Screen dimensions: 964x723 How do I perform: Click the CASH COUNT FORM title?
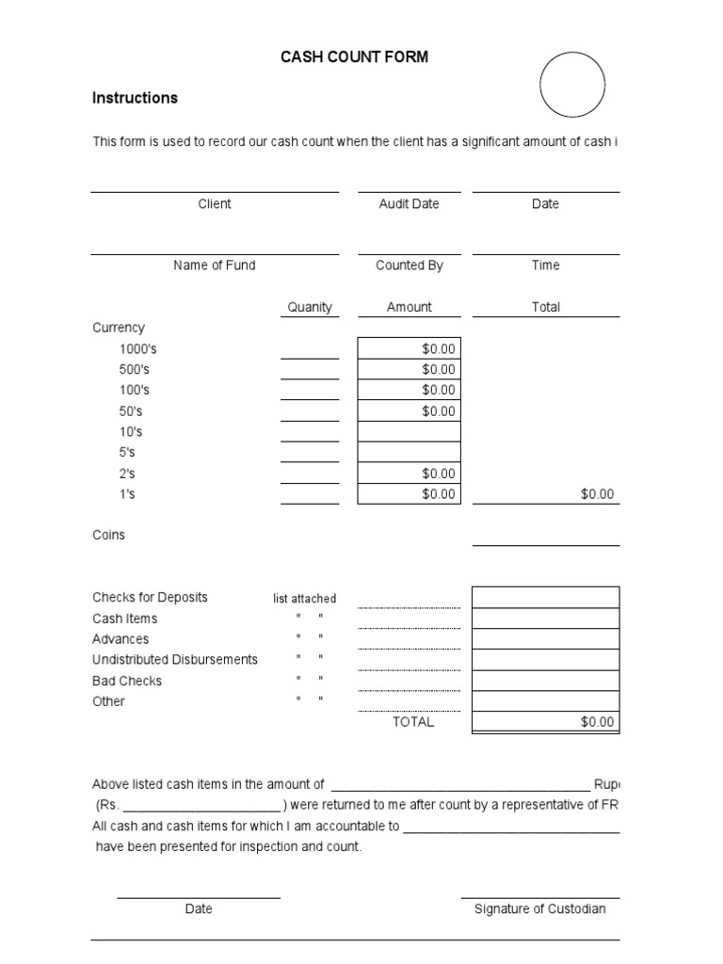354,57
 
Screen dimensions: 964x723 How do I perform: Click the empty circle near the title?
572,85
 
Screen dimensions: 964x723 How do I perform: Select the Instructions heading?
135,98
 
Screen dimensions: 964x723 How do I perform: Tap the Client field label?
215,204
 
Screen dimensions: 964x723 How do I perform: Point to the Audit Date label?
409,204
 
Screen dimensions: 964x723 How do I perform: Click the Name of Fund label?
215,265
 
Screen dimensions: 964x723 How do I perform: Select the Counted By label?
409,265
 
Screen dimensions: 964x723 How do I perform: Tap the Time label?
545,265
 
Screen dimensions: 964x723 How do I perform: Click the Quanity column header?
310,307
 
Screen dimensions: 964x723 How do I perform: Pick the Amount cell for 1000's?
410,349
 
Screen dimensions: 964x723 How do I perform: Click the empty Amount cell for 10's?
410,432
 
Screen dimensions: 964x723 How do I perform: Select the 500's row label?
135,370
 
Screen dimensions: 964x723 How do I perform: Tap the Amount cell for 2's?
410,474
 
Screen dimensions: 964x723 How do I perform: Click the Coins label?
108,535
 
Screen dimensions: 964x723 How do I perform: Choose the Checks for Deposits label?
150,598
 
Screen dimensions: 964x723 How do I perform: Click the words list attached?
304,599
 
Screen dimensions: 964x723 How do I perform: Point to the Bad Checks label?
127,681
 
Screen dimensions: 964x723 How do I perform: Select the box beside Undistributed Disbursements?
545,660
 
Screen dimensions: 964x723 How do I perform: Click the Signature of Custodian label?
539,909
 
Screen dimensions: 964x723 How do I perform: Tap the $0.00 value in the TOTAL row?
597,722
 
